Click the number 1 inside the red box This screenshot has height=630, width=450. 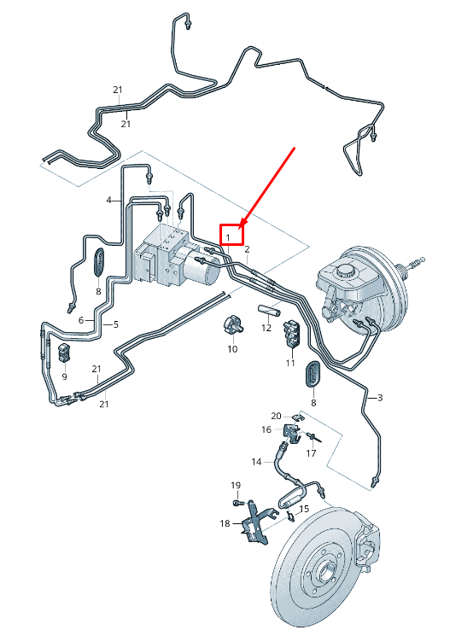coord(228,237)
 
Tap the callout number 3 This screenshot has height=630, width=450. coord(380,398)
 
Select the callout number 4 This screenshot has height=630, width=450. coord(109,200)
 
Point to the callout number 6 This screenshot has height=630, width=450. coord(81,320)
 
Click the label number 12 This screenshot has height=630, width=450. coord(266,328)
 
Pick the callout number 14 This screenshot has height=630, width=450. coord(257,462)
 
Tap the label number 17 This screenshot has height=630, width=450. coord(311,453)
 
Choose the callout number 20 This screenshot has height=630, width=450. coord(277,417)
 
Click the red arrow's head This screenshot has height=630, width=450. coord(243,224)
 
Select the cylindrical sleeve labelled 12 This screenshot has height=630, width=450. coord(269,311)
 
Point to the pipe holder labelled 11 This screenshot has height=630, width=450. coord(292,334)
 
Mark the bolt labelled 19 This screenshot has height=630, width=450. coord(237,502)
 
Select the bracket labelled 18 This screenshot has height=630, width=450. coord(255,522)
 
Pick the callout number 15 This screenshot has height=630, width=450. coord(304,509)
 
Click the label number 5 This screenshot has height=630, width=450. coord(116,324)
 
